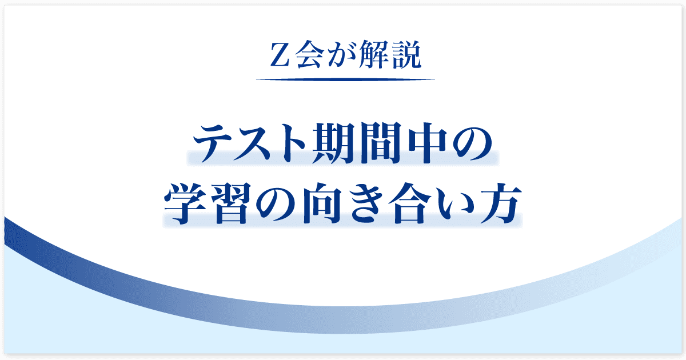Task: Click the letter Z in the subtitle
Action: tap(280, 55)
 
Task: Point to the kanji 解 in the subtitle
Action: tap(372, 54)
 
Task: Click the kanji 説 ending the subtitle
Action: tap(406, 54)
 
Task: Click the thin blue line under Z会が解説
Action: tap(345, 79)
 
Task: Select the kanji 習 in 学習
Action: tap(231, 203)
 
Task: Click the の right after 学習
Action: tap(276, 204)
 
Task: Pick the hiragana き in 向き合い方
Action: tap(366, 203)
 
